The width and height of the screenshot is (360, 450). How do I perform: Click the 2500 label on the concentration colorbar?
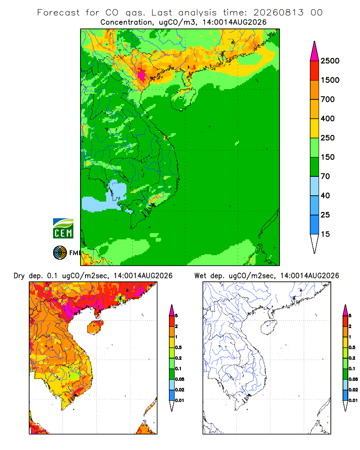click(x=330, y=61)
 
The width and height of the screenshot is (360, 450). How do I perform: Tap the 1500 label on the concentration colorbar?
click(x=330, y=80)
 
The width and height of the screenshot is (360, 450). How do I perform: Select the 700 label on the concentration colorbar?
click(x=328, y=99)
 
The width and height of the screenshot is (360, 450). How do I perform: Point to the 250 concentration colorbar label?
click(x=328, y=138)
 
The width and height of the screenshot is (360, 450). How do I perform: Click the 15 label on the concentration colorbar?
click(x=325, y=234)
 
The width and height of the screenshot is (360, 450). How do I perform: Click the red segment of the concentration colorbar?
click(x=315, y=70)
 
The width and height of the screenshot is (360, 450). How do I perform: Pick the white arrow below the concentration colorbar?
click(x=315, y=243)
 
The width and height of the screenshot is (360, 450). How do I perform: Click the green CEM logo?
click(x=63, y=229)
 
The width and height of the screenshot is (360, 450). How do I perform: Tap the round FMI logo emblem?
click(x=60, y=253)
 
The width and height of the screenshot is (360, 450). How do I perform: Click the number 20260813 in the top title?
click(x=278, y=13)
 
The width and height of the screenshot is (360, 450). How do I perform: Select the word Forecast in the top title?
click(x=58, y=13)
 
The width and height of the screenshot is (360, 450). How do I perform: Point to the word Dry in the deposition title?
click(x=19, y=276)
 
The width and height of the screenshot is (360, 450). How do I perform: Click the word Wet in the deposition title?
click(x=200, y=276)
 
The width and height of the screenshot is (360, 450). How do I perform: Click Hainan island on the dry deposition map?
click(x=95, y=328)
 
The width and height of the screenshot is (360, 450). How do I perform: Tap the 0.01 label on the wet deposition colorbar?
click(x=353, y=400)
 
